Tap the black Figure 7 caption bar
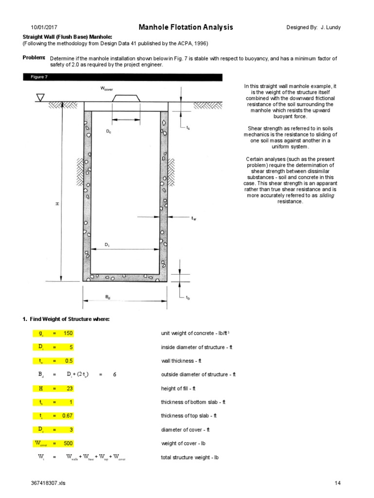(x=122, y=77)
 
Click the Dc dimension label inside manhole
(x=109, y=131)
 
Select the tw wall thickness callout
(x=193, y=219)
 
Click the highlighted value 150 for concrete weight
(x=69, y=333)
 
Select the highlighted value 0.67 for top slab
(x=67, y=416)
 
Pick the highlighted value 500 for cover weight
(x=69, y=444)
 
